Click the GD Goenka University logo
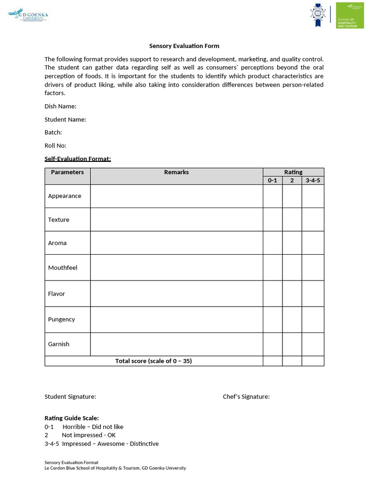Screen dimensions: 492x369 (x=28, y=16)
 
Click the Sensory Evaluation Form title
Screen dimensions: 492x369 (x=184, y=46)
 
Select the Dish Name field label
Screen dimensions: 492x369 (x=61, y=106)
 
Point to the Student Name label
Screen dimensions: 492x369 (x=65, y=119)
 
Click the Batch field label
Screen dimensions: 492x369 (x=53, y=132)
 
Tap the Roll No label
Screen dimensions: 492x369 (x=55, y=146)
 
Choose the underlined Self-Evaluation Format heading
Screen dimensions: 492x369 (x=78, y=159)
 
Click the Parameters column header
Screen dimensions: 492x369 (x=67, y=172)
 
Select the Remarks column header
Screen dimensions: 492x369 (x=176, y=172)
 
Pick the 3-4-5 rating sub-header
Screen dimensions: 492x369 (x=313, y=180)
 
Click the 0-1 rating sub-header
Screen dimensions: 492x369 (x=272, y=180)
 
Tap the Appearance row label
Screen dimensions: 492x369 (x=64, y=196)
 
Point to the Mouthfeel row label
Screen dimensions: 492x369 (x=62, y=268)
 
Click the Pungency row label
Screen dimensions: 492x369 (x=61, y=320)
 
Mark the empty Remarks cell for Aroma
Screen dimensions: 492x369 (x=176, y=243)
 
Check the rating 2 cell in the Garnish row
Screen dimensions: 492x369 (x=292, y=344)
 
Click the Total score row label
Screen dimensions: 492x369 (x=153, y=361)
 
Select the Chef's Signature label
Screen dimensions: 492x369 (x=246, y=396)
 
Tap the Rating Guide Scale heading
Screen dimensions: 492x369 (x=72, y=418)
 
